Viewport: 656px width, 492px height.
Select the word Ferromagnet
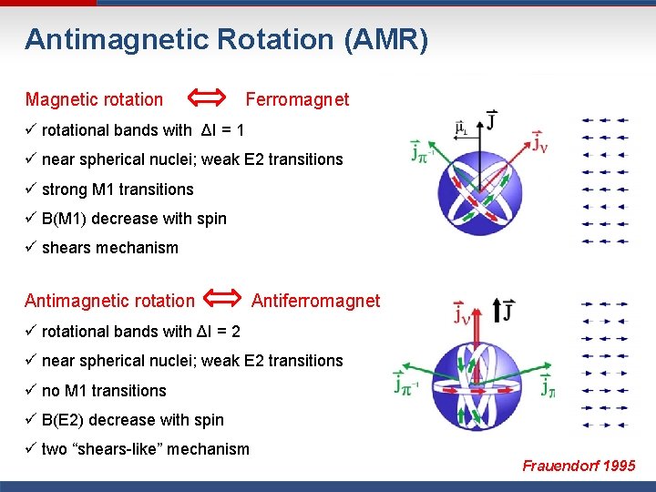coord(297,99)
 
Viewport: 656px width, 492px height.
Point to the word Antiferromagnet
coord(315,301)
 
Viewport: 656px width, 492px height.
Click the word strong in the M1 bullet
coord(66,190)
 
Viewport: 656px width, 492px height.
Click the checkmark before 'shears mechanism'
coord(31,248)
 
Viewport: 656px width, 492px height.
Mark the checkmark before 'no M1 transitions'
coord(31,391)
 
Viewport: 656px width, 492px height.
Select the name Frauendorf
coord(559,466)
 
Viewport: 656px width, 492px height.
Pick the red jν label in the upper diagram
coord(539,144)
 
